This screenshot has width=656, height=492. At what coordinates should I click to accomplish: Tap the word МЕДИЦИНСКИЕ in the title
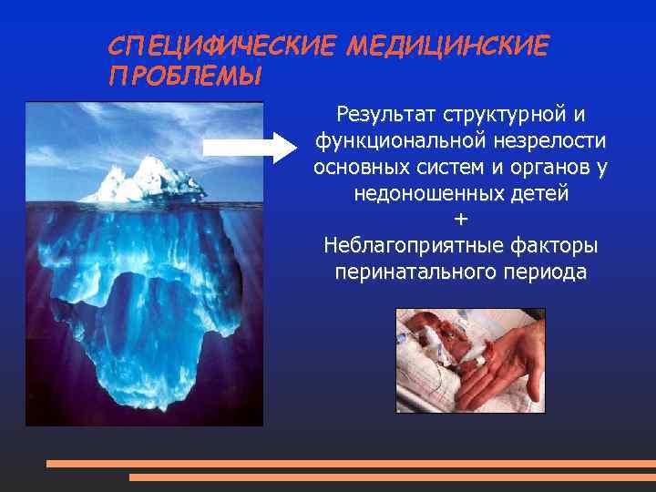click(x=447, y=46)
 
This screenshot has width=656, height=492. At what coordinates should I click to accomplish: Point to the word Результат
click(x=386, y=117)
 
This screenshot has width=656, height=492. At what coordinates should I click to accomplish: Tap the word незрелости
click(x=551, y=143)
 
